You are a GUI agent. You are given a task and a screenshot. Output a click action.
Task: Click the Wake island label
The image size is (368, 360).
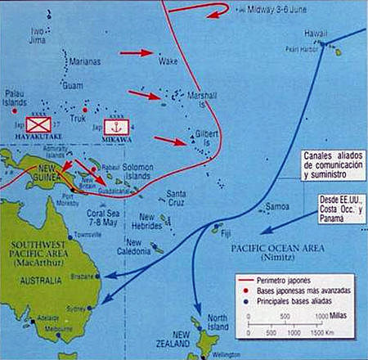[x=168, y=61]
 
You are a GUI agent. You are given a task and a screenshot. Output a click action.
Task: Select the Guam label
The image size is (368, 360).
[x=70, y=85]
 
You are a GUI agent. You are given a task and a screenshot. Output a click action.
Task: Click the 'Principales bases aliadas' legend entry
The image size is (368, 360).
[x=283, y=302]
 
